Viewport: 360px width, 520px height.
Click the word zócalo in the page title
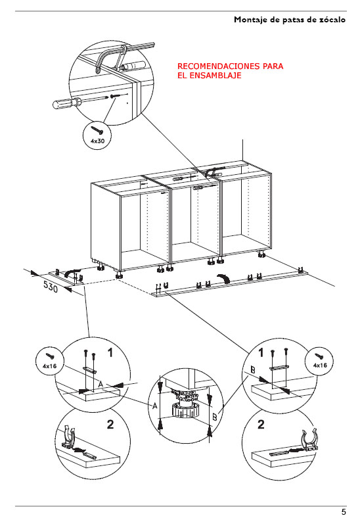tap(332, 20)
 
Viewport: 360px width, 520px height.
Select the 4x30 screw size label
tap(97, 141)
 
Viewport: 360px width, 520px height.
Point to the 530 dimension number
tap(51, 287)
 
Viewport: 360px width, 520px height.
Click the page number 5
tap(344, 511)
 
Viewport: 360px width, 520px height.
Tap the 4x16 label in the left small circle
tap(49, 366)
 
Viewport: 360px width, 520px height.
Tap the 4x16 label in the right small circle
tap(320, 365)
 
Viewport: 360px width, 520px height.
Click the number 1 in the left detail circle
tap(110, 352)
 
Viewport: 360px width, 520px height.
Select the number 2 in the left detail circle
tap(110, 424)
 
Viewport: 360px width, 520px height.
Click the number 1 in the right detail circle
tap(261, 352)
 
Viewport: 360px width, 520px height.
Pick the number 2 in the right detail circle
tap(261, 424)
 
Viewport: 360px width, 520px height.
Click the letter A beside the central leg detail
tap(154, 406)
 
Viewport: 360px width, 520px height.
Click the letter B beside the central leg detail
tap(215, 417)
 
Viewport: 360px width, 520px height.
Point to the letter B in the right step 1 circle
tap(253, 369)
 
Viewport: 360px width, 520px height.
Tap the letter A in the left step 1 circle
tap(101, 384)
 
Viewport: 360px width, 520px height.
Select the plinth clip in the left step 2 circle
tap(69, 437)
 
